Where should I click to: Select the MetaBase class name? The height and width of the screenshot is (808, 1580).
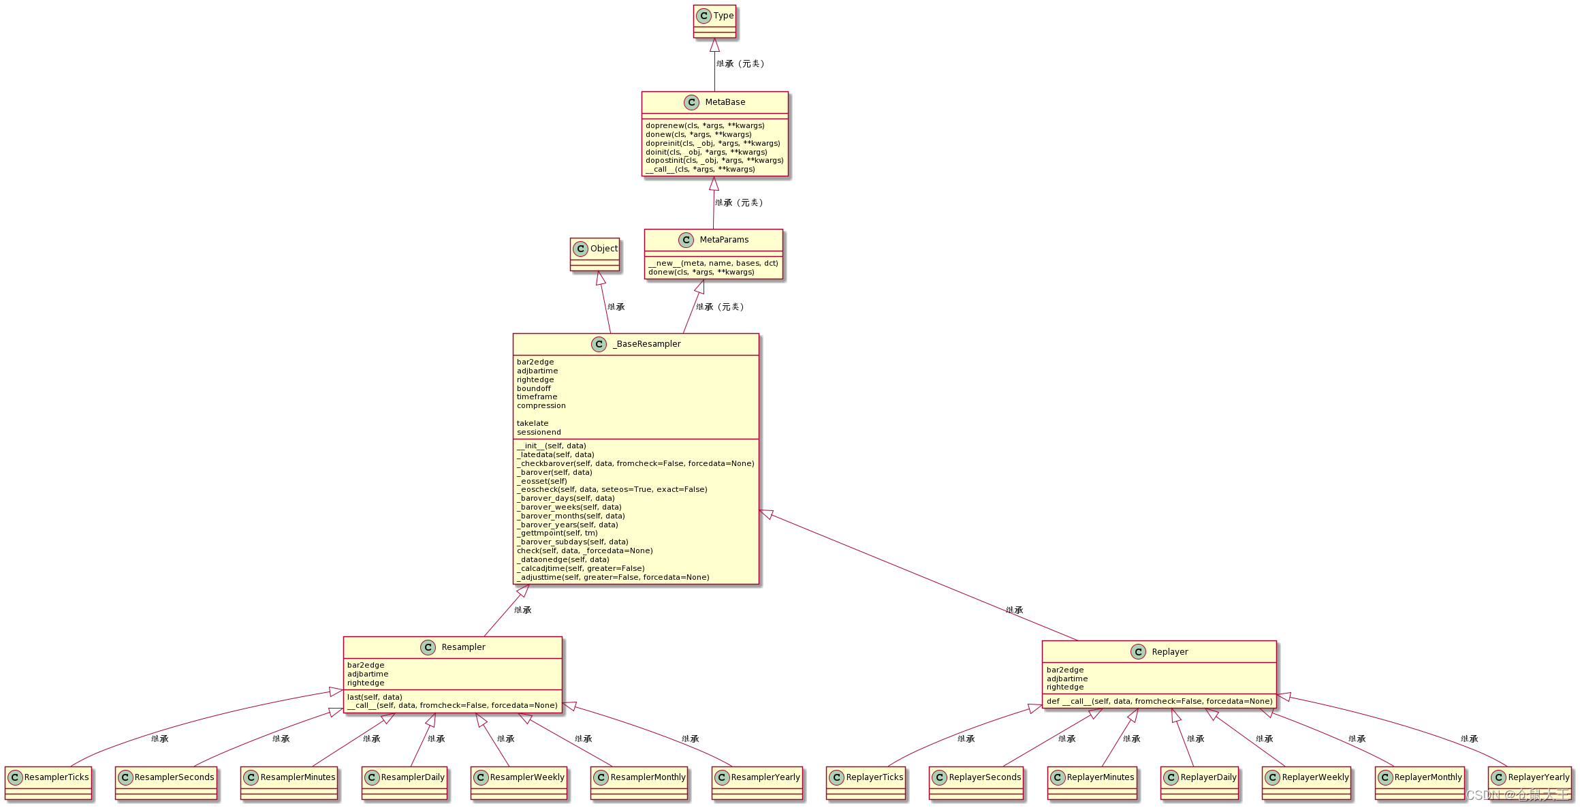coord(725,102)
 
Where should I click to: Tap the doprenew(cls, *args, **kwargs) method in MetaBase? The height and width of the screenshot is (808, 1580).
coord(705,126)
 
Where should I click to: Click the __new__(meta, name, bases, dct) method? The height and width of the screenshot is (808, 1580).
coord(713,263)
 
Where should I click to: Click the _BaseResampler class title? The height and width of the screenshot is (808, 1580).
coord(646,344)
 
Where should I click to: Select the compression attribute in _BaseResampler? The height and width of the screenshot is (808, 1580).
coord(541,406)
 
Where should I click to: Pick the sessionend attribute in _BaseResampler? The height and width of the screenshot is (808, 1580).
coord(539,433)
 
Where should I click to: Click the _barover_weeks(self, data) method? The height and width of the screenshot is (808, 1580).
coord(569,508)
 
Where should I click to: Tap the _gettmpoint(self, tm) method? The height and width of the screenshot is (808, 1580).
coord(557,533)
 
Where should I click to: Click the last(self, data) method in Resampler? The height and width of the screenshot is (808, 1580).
coord(375,697)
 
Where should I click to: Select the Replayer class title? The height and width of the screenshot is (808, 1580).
coord(1169,652)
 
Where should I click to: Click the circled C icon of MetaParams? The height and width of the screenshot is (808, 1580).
coord(686,240)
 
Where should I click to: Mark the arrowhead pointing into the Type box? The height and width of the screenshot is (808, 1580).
coord(714,45)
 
